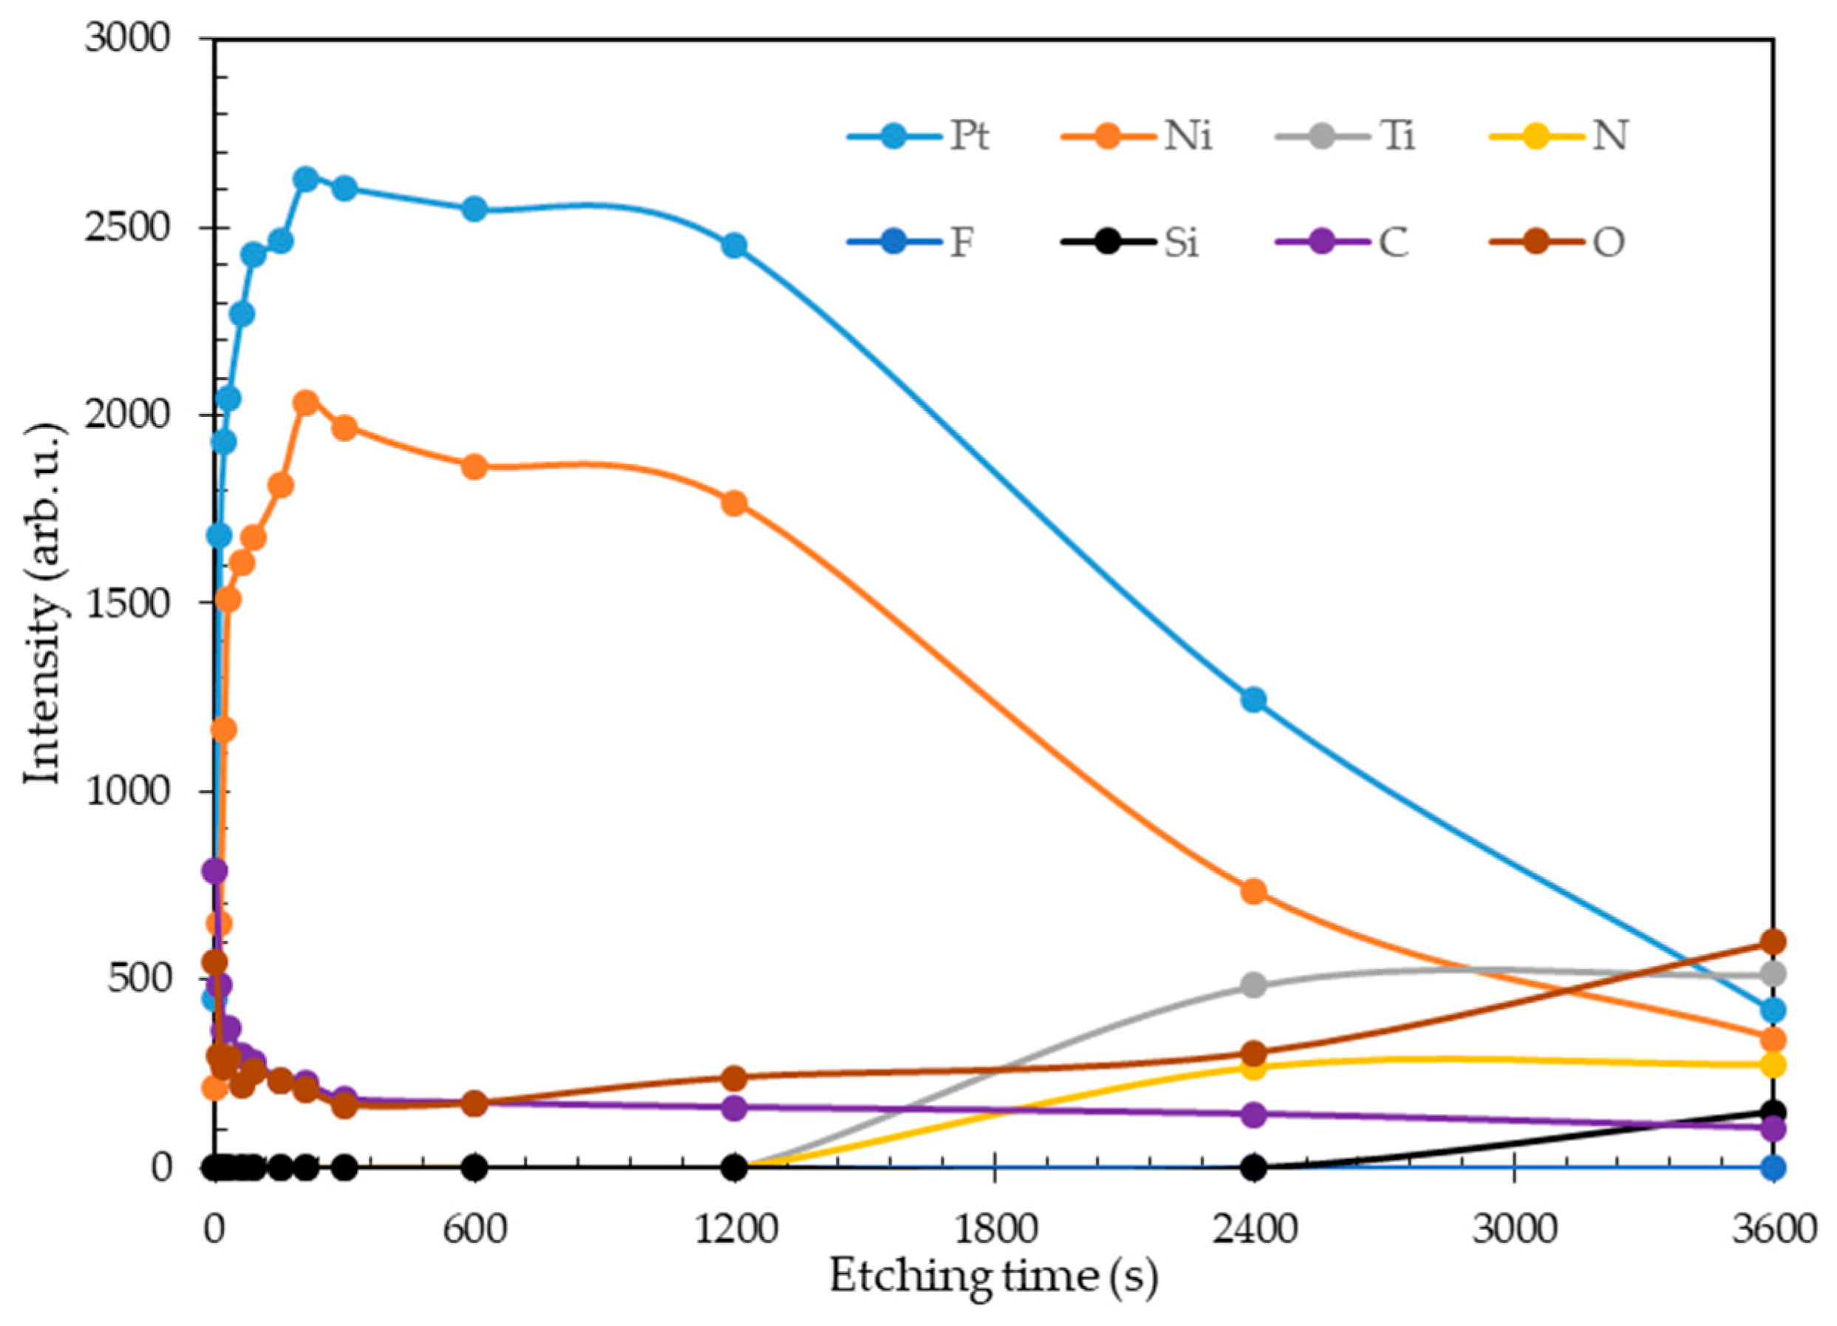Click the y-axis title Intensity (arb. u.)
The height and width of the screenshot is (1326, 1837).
click(44, 603)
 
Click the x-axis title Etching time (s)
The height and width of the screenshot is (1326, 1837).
click(993, 1277)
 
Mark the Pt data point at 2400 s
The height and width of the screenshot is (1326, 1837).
click(1253, 700)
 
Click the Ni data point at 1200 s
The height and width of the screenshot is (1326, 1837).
click(734, 504)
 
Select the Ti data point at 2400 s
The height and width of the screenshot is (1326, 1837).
click(1253, 986)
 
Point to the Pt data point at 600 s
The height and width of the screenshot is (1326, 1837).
click(474, 209)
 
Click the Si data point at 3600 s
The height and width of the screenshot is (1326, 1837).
click(1773, 1112)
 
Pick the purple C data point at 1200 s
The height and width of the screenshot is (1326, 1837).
click(734, 1108)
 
